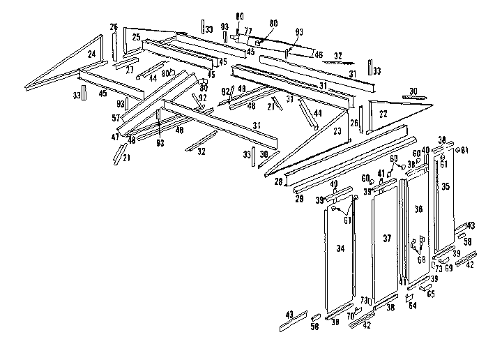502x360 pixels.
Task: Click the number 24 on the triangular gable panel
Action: pos(91,53)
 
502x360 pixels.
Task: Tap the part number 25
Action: pos(136,37)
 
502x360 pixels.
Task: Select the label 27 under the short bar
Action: pos(130,70)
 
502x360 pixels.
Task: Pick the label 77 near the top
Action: pos(248,32)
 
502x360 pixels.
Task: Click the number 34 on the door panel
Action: pos(340,248)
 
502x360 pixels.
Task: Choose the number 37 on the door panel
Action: pos(386,239)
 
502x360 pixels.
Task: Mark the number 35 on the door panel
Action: pos(446,186)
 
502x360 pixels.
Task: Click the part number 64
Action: pos(413,304)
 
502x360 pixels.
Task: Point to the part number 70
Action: pos(350,315)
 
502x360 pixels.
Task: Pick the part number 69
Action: pos(449,268)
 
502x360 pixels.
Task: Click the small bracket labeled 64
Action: pos(410,297)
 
